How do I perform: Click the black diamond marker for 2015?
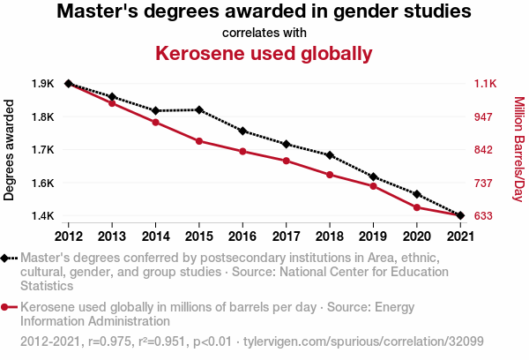click(x=199, y=109)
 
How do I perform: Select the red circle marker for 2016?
click(x=242, y=151)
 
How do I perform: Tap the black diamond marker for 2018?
click(x=330, y=155)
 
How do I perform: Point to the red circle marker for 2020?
click(x=416, y=207)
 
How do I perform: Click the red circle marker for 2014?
click(x=155, y=122)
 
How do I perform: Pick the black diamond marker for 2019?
click(x=373, y=177)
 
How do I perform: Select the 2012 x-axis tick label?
click(x=68, y=236)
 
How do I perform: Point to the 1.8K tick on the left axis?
click(x=43, y=116)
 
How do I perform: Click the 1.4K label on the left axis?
click(x=43, y=216)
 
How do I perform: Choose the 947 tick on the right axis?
click(x=484, y=116)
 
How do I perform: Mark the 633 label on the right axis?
click(x=484, y=216)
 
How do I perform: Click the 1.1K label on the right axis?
click(x=486, y=84)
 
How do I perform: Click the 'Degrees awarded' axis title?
click(x=10, y=150)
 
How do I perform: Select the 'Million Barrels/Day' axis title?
click(x=518, y=149)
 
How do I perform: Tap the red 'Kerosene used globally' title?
click(x=264, y=54)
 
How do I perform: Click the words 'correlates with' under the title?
click(x=264, y=34)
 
